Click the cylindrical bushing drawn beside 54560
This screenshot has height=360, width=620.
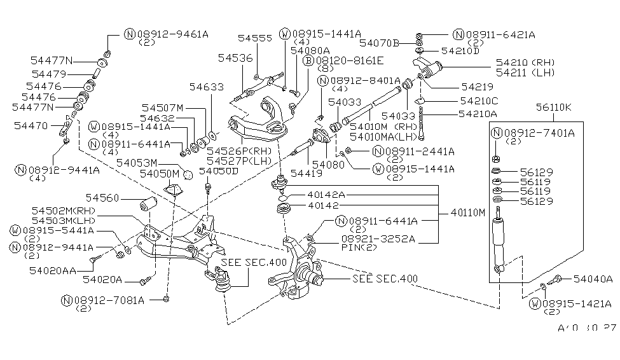click(149, 205)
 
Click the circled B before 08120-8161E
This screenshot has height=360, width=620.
click(307, 61)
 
